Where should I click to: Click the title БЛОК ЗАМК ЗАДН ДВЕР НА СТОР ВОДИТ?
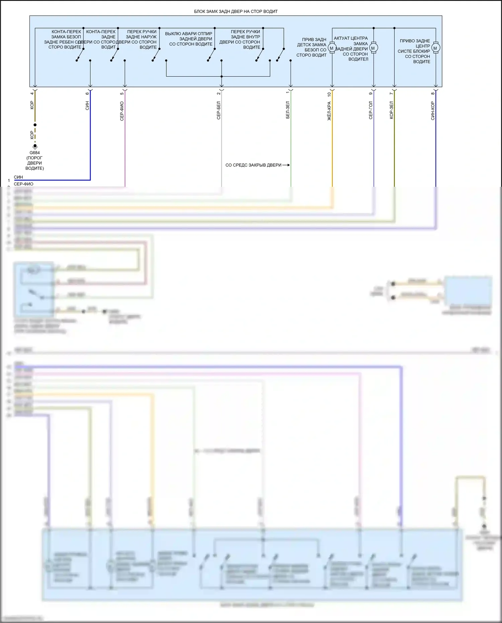236,11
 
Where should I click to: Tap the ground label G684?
34,153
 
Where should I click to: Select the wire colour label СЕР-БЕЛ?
219,110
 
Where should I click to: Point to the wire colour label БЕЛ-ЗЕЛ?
287,110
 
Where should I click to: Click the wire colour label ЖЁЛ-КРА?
329,111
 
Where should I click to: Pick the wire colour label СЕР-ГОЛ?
370,110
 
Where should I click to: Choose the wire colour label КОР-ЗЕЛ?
391,110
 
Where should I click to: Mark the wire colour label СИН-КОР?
433,111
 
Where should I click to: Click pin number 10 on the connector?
329,95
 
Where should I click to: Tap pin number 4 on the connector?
32,93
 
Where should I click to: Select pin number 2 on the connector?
219,93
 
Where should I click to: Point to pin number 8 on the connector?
433,93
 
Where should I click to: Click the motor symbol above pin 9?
373,48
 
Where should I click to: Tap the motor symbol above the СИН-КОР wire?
435,48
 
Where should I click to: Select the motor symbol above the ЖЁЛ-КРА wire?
332,48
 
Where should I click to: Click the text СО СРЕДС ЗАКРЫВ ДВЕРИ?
253,165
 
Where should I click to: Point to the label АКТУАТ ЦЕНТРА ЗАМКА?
351,41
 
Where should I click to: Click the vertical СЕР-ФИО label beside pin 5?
122,111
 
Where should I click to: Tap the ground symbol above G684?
35,146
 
